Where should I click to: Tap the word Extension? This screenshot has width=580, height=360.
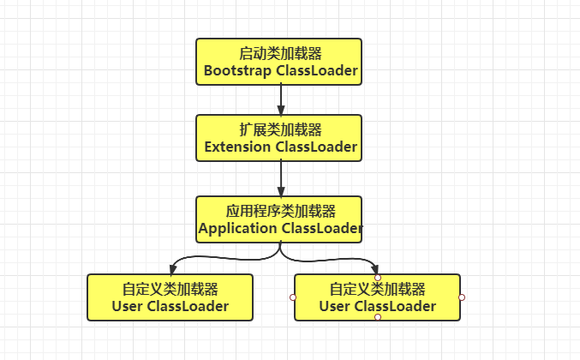point(237,147)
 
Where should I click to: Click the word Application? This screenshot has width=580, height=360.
point(236,228)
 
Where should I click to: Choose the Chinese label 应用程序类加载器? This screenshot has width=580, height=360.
point(279,210)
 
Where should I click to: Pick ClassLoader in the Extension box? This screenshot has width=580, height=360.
point(316,147)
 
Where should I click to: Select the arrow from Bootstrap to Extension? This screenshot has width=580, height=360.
point(280,100)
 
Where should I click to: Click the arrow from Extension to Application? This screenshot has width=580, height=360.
point(280,179)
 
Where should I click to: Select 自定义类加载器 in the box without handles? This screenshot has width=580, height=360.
point(170,288)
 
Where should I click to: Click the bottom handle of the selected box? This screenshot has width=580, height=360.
point(378,318)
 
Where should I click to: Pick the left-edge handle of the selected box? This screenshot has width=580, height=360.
point(293,297)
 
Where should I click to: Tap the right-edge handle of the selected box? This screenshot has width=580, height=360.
point(462,297)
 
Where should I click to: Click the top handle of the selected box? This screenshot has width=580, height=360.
point(378,277)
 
